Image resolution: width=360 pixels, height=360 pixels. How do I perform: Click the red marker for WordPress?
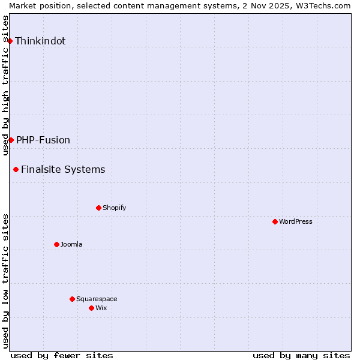(x=275, y=221)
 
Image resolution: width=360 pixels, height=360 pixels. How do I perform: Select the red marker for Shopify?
(x=98, y=208)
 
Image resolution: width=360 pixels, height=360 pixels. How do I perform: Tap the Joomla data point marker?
(x=56, y=244)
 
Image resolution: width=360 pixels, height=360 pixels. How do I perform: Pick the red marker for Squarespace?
(x=72, y=299)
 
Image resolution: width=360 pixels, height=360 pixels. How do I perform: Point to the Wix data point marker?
(x=91, y=308)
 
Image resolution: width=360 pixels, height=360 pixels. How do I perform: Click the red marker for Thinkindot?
(x=10, y=41)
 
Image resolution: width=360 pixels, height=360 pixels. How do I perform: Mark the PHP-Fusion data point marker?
(x=11, y=140)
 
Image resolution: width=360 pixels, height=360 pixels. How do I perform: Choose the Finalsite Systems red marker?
(x=16, y=169)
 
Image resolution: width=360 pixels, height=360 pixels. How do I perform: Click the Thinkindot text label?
(x=40, y=41)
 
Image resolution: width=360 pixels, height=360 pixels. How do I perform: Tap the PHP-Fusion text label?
(x=43, y=140)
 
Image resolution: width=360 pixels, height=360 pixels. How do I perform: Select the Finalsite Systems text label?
(x=63, y=170)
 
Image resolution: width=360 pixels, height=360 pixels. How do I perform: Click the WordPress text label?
(x=296, y=222)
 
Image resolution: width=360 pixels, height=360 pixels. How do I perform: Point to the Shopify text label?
(x=115, y=208)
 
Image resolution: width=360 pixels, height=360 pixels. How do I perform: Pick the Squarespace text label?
(x=97, y=299)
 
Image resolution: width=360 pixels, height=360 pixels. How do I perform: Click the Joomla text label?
(x=71, y=245)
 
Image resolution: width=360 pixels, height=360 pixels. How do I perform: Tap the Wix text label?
(x=101, y=308)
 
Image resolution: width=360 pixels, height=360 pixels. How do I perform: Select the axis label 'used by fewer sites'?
(x=62, y=355)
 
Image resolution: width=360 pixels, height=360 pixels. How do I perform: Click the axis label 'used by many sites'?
(x=301, y=355)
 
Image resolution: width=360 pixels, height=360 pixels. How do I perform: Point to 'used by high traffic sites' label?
(x=6, y=85)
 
